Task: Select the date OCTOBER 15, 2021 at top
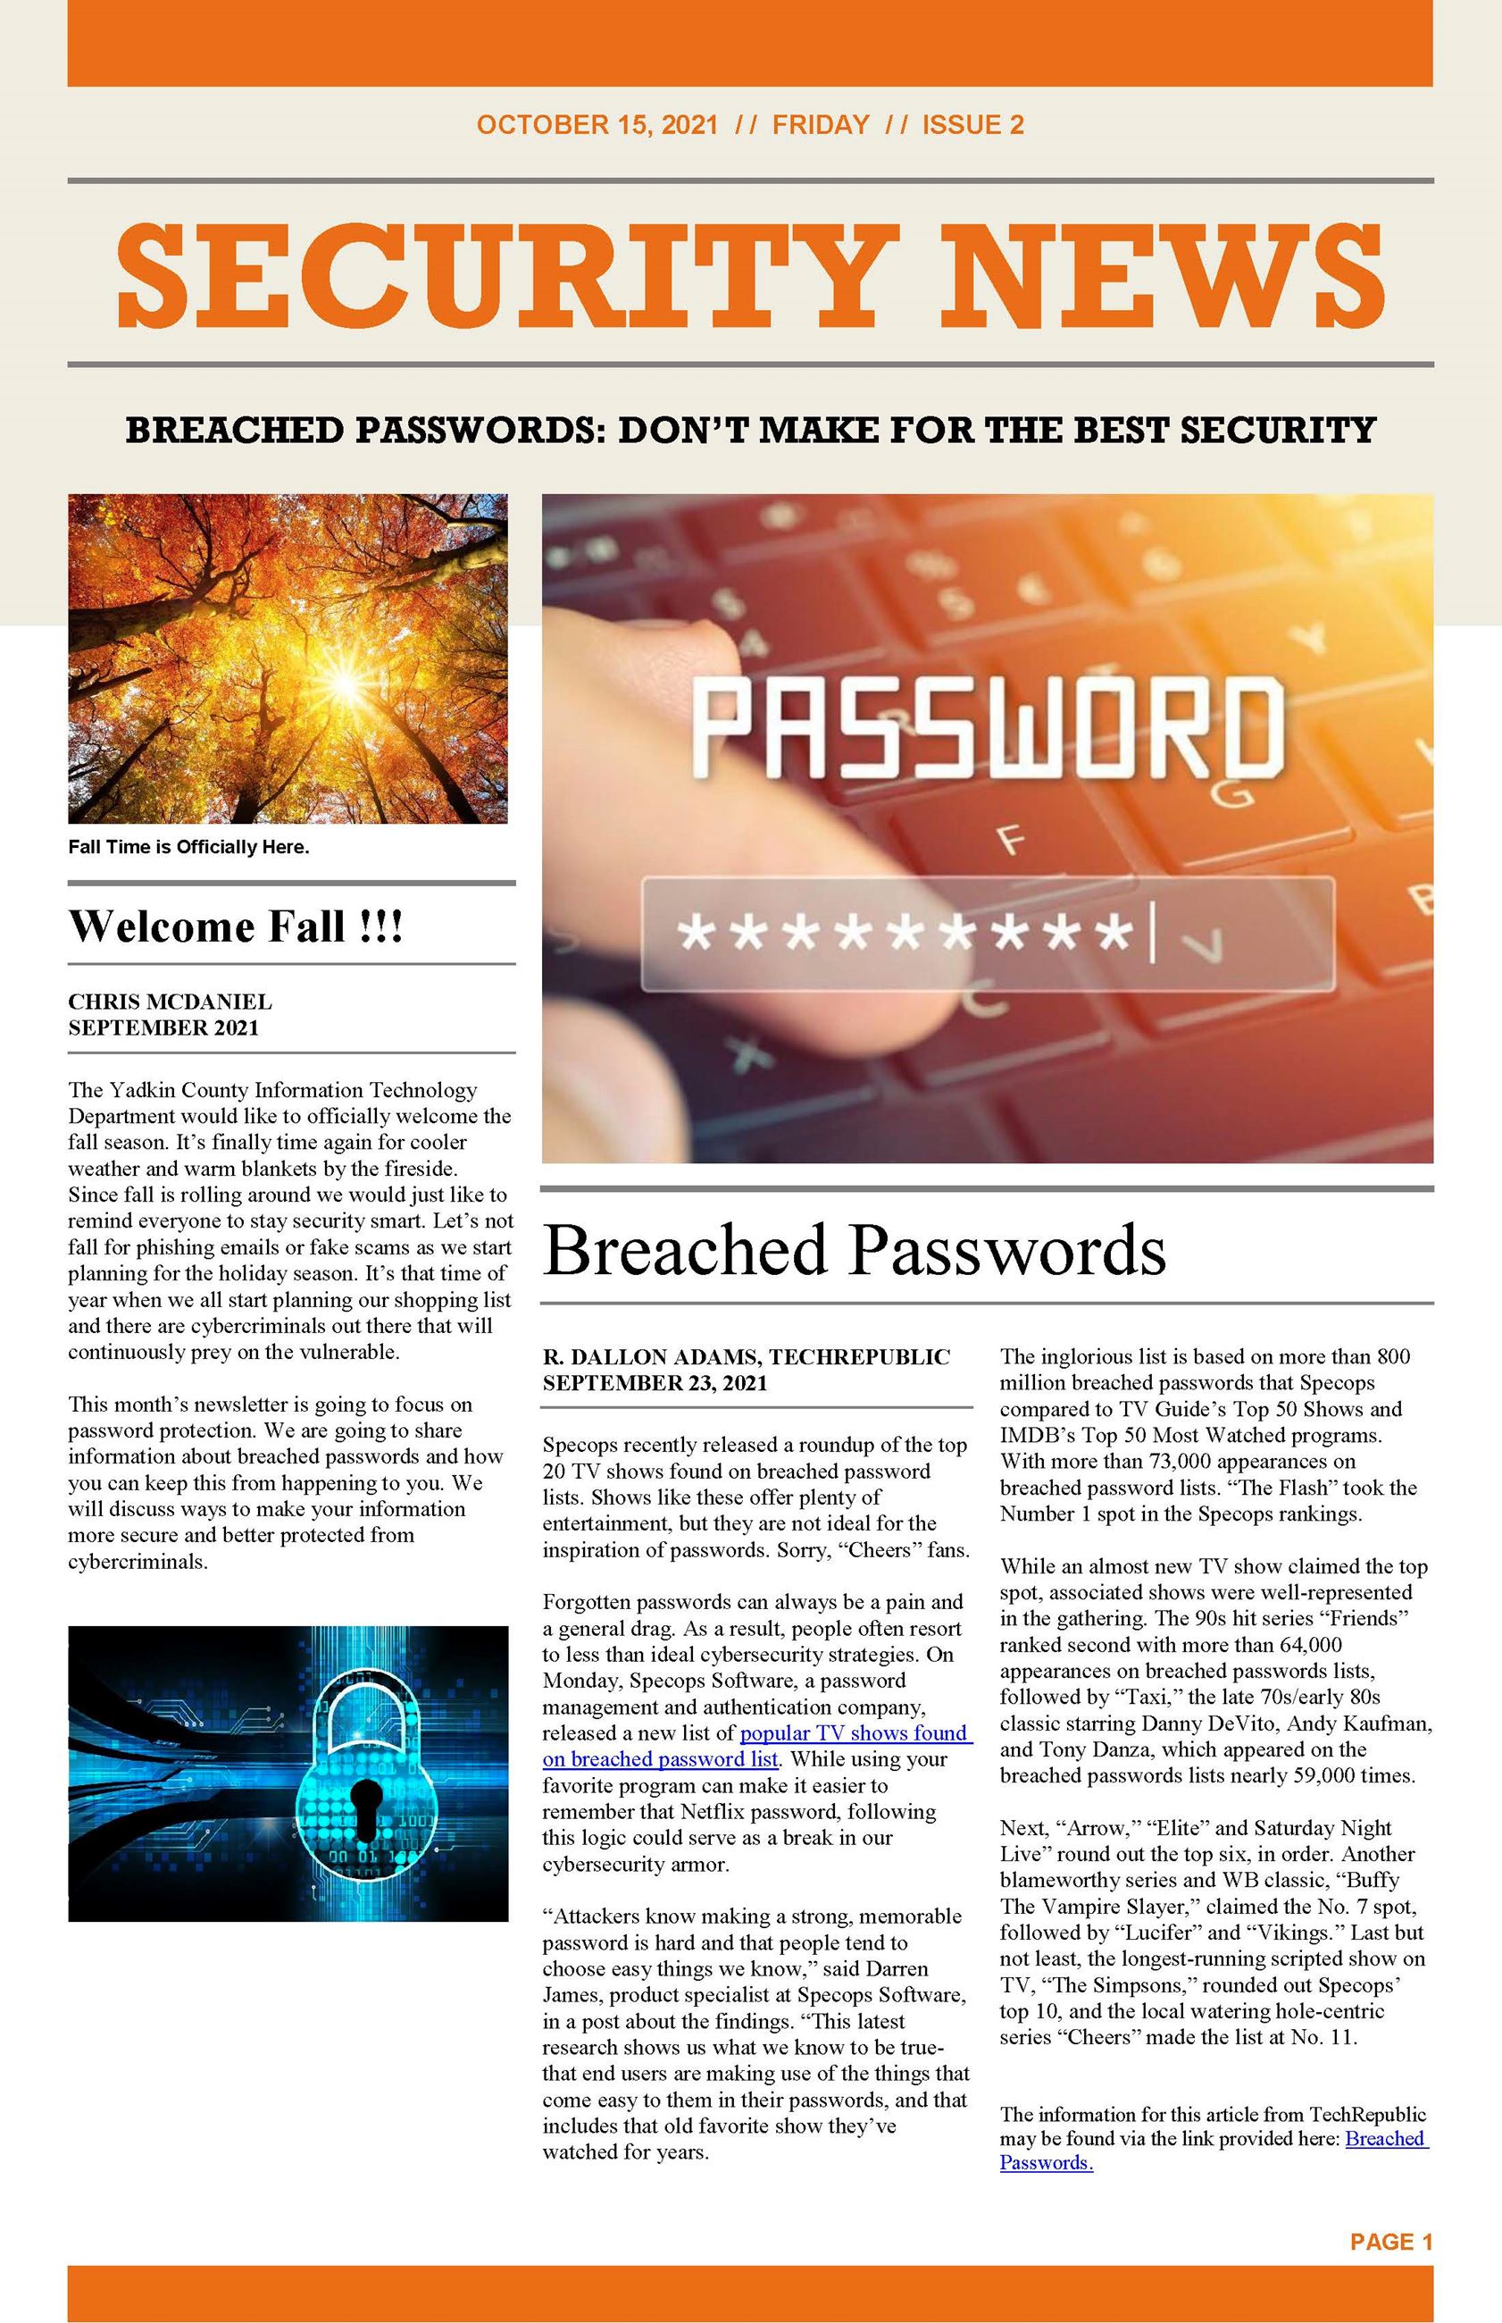pos(597,125)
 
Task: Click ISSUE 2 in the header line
pos(972,125)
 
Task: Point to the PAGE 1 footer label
pos(1390,2242)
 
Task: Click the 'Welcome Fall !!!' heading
pos(235,926)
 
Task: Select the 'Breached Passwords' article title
pos(854,1250)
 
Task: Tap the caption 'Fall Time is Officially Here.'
pos(188,847)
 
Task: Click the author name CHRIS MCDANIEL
pos(170,1002)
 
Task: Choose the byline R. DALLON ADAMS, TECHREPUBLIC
pos(747,1356)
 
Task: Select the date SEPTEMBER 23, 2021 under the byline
pos(655,1382)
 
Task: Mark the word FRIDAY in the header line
pos(821,125)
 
